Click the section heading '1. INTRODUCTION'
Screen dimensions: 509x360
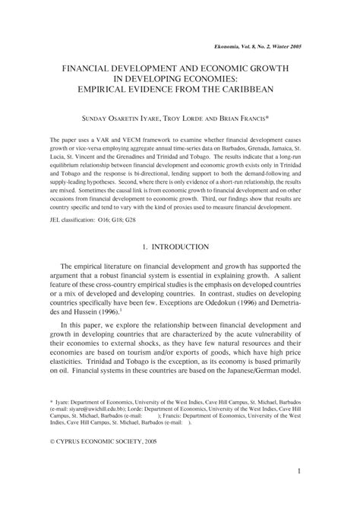click(x=180, y=247)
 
